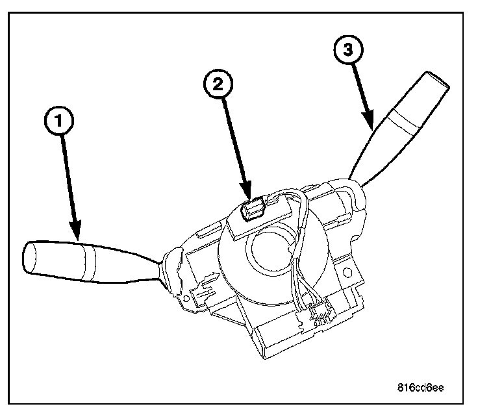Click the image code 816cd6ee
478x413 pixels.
click(x=420, y=388)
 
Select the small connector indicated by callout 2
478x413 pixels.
click(x=253, y=208)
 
